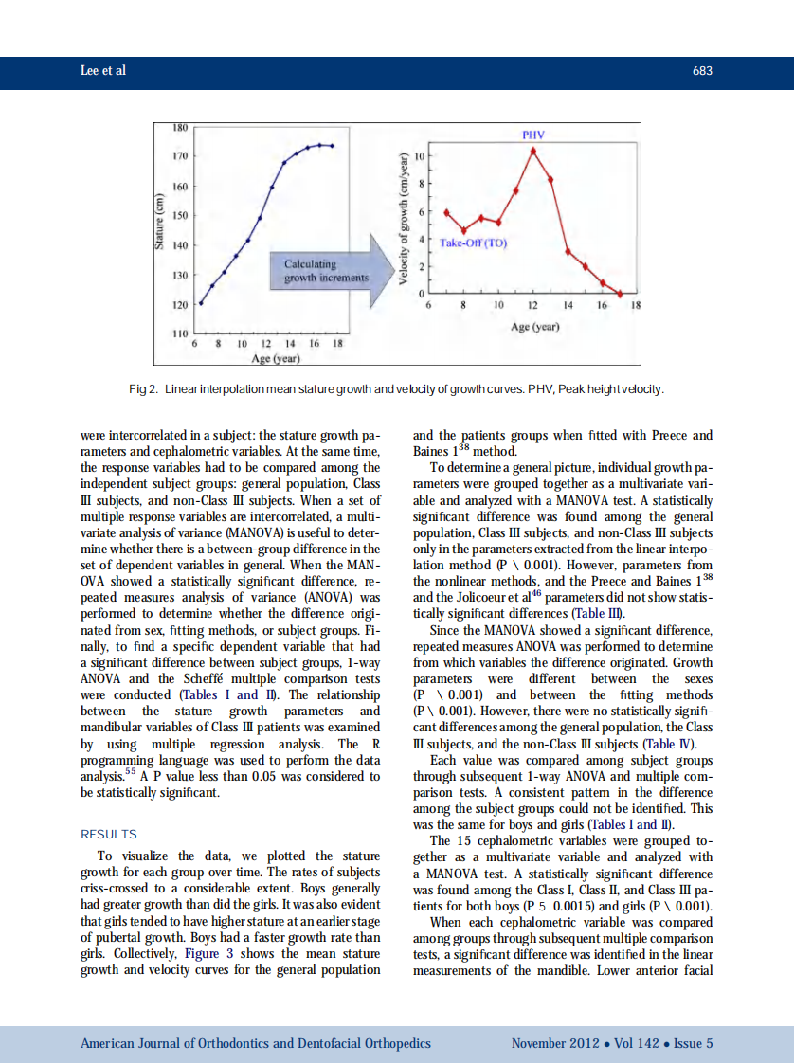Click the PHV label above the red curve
point(534,135)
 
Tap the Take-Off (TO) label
point(474,243)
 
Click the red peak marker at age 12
point(533,150)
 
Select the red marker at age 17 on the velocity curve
point(620,294)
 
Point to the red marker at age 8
point(463,230)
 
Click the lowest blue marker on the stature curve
point(200,303)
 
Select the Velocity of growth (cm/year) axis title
point(404,220)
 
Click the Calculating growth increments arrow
point(327,271)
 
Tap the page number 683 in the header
point(702,71)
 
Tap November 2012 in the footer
point(554,1043)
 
